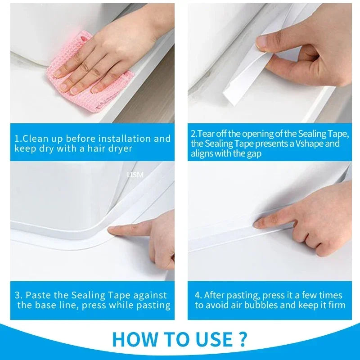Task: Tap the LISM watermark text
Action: coord(135,175)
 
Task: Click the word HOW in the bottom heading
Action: coord(135,339)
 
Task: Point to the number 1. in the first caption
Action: coord(18,139)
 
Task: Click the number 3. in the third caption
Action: coord(18,295)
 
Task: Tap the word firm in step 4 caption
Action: coord(336,306)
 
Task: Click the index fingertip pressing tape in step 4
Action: coord(257,222)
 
